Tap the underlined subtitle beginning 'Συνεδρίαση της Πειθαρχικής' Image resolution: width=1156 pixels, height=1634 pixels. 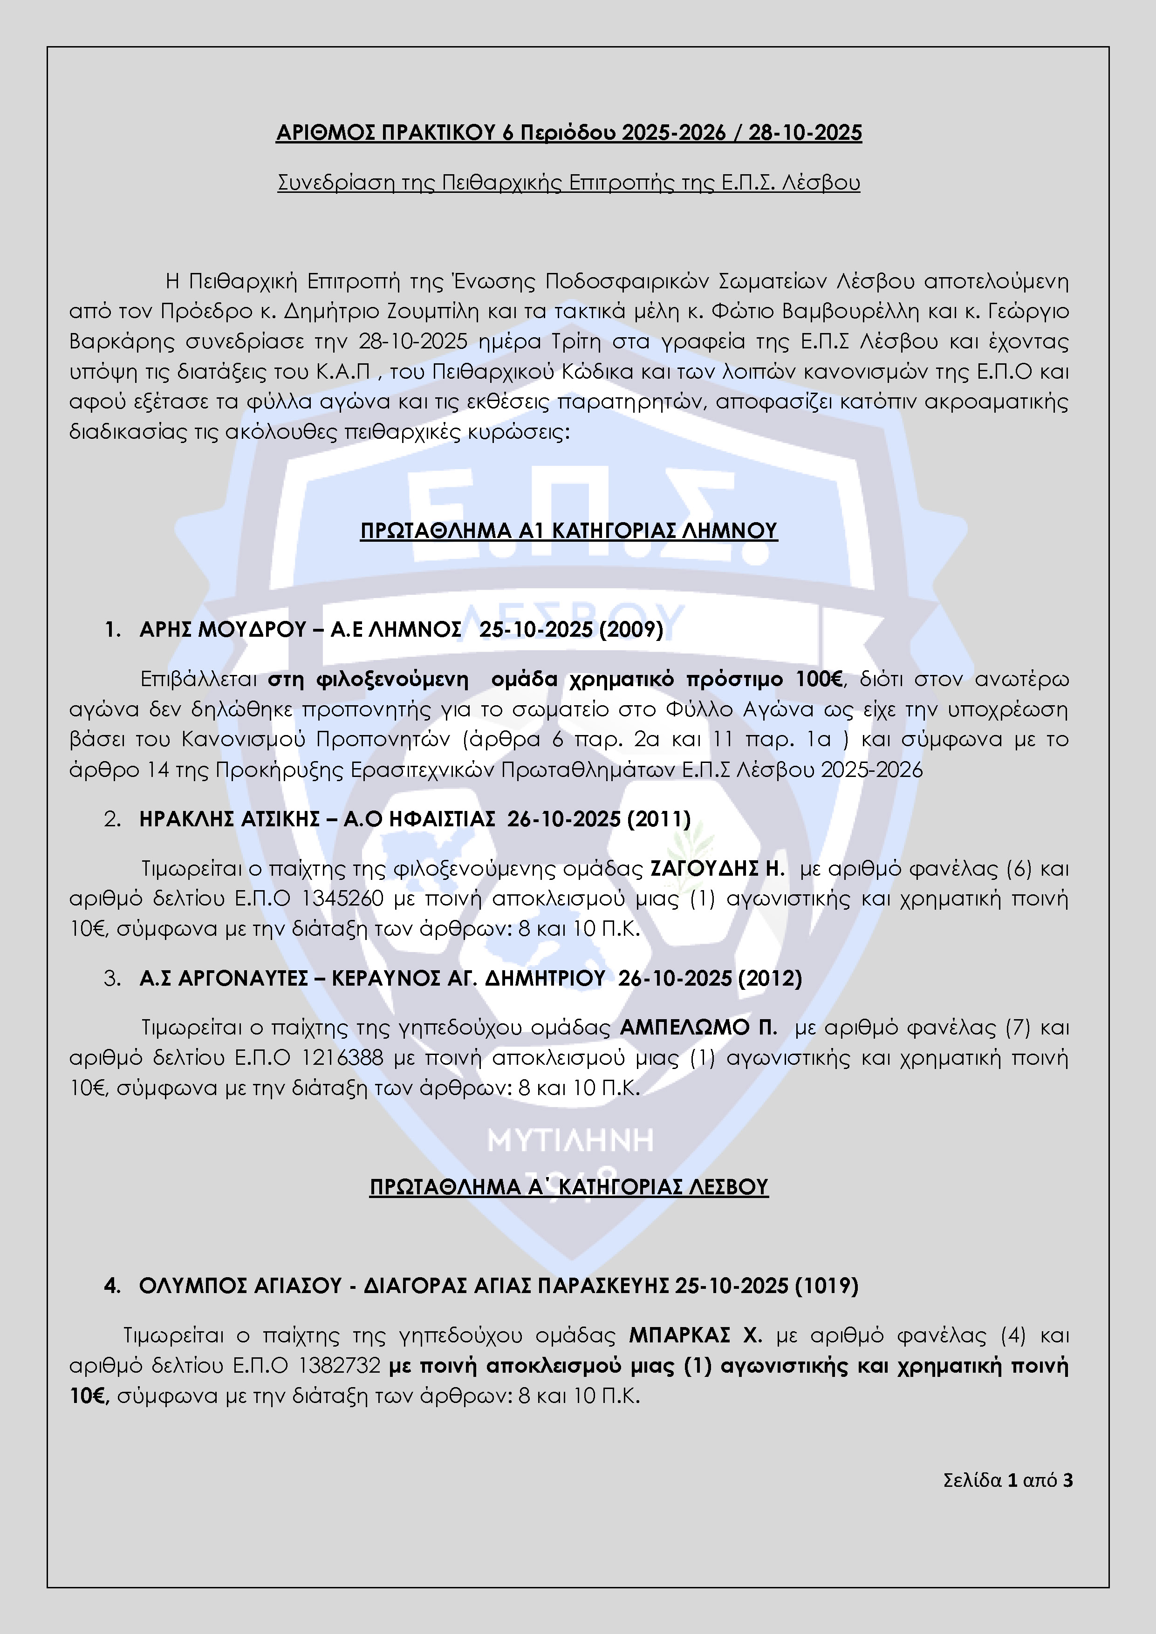tap(568, 183)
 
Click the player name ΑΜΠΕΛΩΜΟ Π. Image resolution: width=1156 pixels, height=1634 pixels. tap(698, 1028)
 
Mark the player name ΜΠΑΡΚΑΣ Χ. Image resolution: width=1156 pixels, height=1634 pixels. tap(695, 1336)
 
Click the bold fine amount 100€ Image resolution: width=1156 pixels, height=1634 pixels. tap(819, 680)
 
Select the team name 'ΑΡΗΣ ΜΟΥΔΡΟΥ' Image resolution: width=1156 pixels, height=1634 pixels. tap(222, 630)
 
